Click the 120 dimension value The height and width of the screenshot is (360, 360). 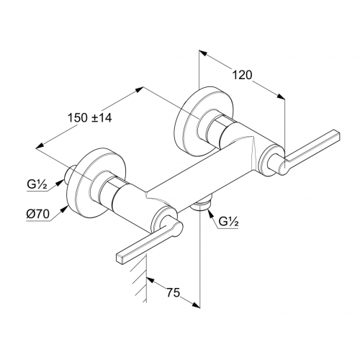tap(243, 76)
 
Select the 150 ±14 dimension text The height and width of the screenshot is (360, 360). tap(90, 118)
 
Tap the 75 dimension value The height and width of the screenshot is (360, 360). tap(173, 293)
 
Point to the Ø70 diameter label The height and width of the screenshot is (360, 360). tap(38, 214)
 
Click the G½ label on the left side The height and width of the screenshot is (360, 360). tap(37, 185)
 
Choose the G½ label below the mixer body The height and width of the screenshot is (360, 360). tap(229, 222)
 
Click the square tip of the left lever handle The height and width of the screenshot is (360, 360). tap(120, 258)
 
